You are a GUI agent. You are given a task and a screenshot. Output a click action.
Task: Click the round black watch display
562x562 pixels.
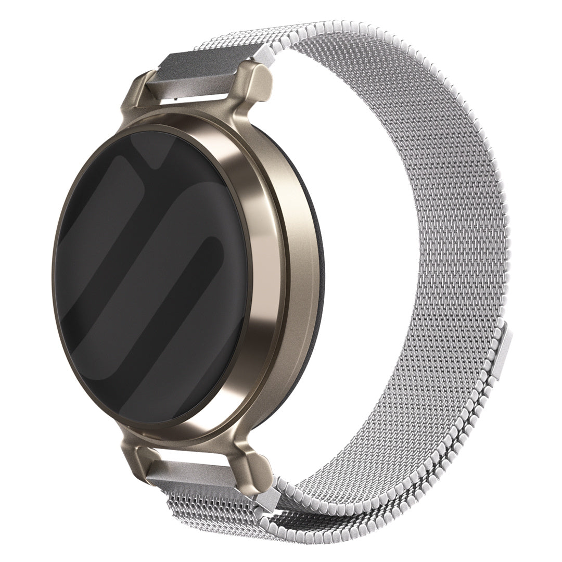click(x=151, y=276)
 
